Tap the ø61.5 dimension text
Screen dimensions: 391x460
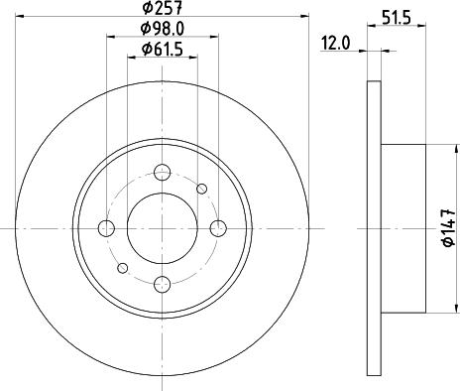coord(163,49)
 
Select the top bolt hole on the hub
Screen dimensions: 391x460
coord(164,170)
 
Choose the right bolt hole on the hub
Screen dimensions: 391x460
coord(222,228)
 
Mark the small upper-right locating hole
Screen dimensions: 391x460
coord(202,189)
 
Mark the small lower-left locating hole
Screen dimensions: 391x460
coord(123,268)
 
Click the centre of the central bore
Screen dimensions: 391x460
coord(164,228)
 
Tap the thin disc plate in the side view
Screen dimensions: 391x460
coord(373,228)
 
